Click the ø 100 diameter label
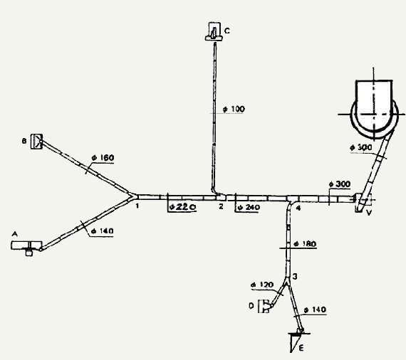234,109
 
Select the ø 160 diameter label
103,157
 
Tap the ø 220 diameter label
182,207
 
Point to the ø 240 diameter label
249,208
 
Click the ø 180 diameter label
306,244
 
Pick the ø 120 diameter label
262,285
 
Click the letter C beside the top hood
227,31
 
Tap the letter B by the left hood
24,141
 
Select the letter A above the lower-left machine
15,234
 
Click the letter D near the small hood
251,306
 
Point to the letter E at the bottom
301,348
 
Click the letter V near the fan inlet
369,213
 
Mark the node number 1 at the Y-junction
137,206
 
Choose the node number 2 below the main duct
221,206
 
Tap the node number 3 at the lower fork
295,277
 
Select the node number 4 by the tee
298,208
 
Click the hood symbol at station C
214,31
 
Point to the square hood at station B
36,142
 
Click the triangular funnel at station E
296,342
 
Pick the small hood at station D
264,306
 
